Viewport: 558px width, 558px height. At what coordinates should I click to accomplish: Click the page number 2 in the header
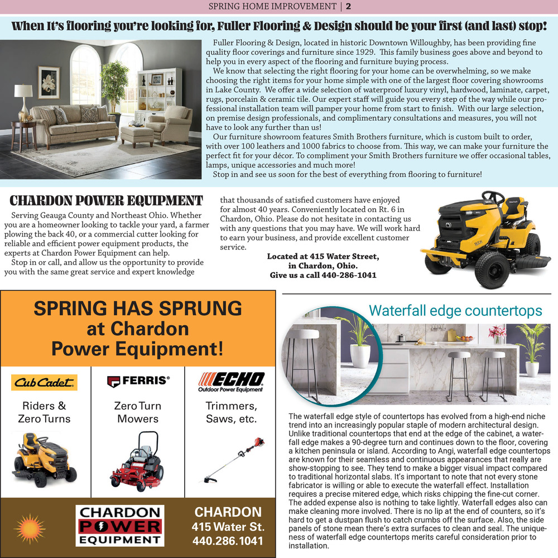pyautogui.click(x=348, y=7)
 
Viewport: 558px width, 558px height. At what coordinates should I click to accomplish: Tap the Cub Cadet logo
pyautogui.click(x=45, y=382)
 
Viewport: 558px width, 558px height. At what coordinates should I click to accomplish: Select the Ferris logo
pyautogui.click(x=138, y=381)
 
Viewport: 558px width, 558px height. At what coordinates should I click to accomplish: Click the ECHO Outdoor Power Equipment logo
pyautogui.click(x=232, y=382)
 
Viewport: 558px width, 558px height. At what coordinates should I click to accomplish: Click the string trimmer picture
pyautogui.click(x=232, y=466)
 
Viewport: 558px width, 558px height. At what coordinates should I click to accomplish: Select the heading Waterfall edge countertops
pyautogui.click(x=455, y=310)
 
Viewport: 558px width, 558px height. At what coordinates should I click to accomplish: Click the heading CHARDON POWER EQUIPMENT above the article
pyautogui.click(x=106, y=200)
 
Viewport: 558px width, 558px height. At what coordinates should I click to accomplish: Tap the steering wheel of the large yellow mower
pyautogui.click(x=492, y=197)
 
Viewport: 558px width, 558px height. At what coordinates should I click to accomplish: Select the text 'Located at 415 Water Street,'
pyautogui.click(x=323, y=257)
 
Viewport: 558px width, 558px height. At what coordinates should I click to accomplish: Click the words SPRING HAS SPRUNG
pyautogui.click(x=138, y=308)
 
